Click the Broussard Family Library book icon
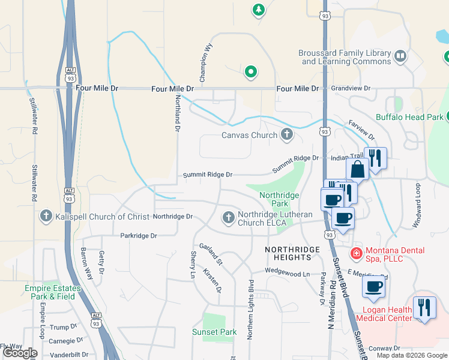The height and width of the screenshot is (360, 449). [x=400, y=57]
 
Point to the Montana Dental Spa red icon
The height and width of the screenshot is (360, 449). [x=356, y=254]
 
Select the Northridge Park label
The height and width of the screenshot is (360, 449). [x=280, y=199]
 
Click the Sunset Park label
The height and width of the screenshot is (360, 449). [x=214, y=332]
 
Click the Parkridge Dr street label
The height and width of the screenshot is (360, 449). [x=138, y=236]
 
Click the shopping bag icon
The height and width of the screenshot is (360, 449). [x=357, y=169]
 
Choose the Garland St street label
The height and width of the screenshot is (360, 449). [x=211, y=254]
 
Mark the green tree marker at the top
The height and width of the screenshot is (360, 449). [x=258, y=10]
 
